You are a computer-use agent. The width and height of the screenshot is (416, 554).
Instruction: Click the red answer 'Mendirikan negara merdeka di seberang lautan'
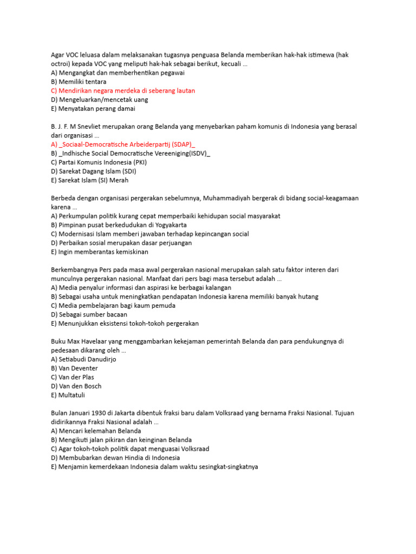pyautogui.click(x=123, y=91)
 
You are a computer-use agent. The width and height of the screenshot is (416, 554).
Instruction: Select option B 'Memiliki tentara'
pyautogui.click(x=79, y=82)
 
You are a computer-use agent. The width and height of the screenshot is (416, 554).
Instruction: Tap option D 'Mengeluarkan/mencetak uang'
pyautogui.click(x=99, y=100)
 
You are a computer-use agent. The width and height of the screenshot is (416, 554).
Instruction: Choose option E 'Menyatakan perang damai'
pyautogui.click(x=93, y=109)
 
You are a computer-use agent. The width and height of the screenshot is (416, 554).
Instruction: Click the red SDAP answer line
pyautogui.click(x=123, y=144)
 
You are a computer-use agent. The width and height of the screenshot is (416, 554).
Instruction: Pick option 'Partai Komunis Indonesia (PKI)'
pyautogui.click(x=99, y=162)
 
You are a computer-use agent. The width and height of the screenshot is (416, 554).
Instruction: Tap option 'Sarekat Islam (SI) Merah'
pyautogui.click(x=89, y=180)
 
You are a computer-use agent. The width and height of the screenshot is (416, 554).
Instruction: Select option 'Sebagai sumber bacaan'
pyautogui.click(x=89, y=314)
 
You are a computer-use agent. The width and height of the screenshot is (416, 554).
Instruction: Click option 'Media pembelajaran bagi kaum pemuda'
pyautogui.click(x=113, y=306)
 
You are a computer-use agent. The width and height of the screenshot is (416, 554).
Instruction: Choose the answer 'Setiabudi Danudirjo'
pyautogui.click(x=83, y=359)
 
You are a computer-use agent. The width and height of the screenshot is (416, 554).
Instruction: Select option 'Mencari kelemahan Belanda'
pyautogui.click(x=96, y=431)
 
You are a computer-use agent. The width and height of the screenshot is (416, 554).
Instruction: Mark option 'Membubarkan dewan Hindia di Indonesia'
pyautogui.click(x=115, y=458)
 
